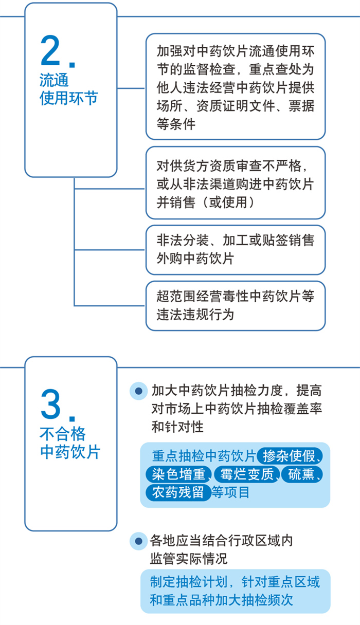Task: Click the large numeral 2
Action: [50, 51]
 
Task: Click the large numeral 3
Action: [50, 405]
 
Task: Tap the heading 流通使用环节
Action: [69, 89]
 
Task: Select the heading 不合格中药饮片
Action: [70, 444]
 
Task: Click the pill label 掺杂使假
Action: [290, 456]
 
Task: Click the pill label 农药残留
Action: [178, 492]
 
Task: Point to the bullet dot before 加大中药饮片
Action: [138, 391]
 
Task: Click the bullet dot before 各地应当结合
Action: [138, 541]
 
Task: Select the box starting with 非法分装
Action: [236, 250]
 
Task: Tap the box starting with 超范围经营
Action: [236, 306]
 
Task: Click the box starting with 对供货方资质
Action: [236, 183]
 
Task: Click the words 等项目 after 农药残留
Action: [230, 492]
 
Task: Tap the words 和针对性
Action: [177, 427]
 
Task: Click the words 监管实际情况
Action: [189, 559]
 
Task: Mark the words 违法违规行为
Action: [195, 315]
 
